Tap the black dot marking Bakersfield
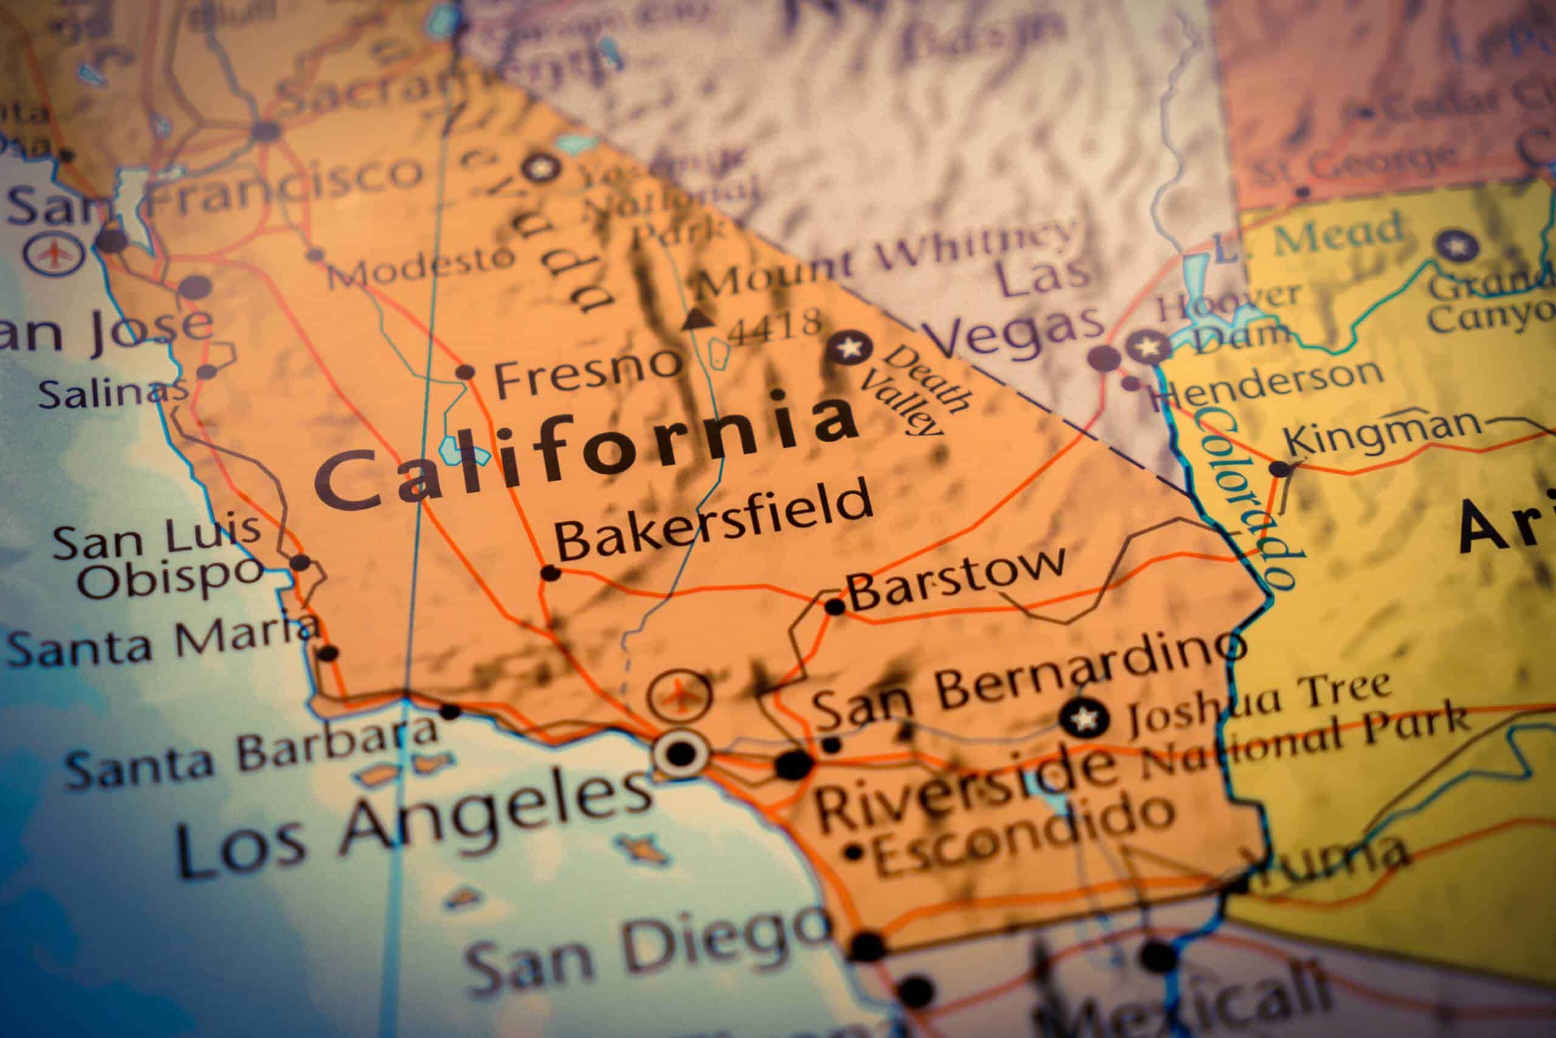coord(549,573)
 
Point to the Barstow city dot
coord(835,606)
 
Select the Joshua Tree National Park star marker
coord(1083,717)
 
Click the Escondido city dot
coord(854,851)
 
